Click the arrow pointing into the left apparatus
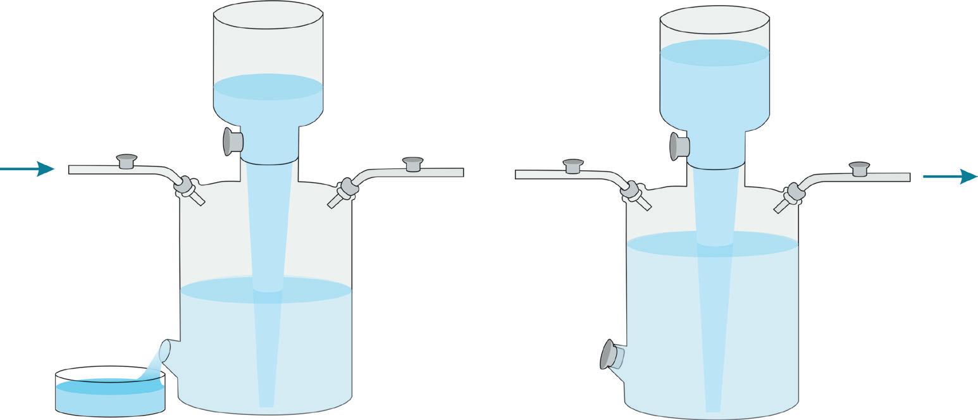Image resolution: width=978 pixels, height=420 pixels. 28,169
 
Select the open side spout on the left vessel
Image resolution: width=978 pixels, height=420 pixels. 165,351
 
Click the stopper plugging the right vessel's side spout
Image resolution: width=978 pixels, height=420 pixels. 609,355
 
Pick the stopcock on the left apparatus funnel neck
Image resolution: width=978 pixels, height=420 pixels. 232,142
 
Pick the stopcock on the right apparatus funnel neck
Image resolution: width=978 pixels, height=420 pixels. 679,147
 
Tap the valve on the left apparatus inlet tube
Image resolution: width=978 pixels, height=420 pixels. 127,161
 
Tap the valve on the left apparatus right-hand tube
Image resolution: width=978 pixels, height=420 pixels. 413,164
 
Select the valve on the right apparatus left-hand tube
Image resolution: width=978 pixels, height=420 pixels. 573,166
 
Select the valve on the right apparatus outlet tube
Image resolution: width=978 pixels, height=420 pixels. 859,169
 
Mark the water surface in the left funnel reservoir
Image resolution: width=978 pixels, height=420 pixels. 268,87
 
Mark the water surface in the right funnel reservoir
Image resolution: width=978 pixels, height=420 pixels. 715,52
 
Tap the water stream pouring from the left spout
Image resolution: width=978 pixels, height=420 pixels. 152,367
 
